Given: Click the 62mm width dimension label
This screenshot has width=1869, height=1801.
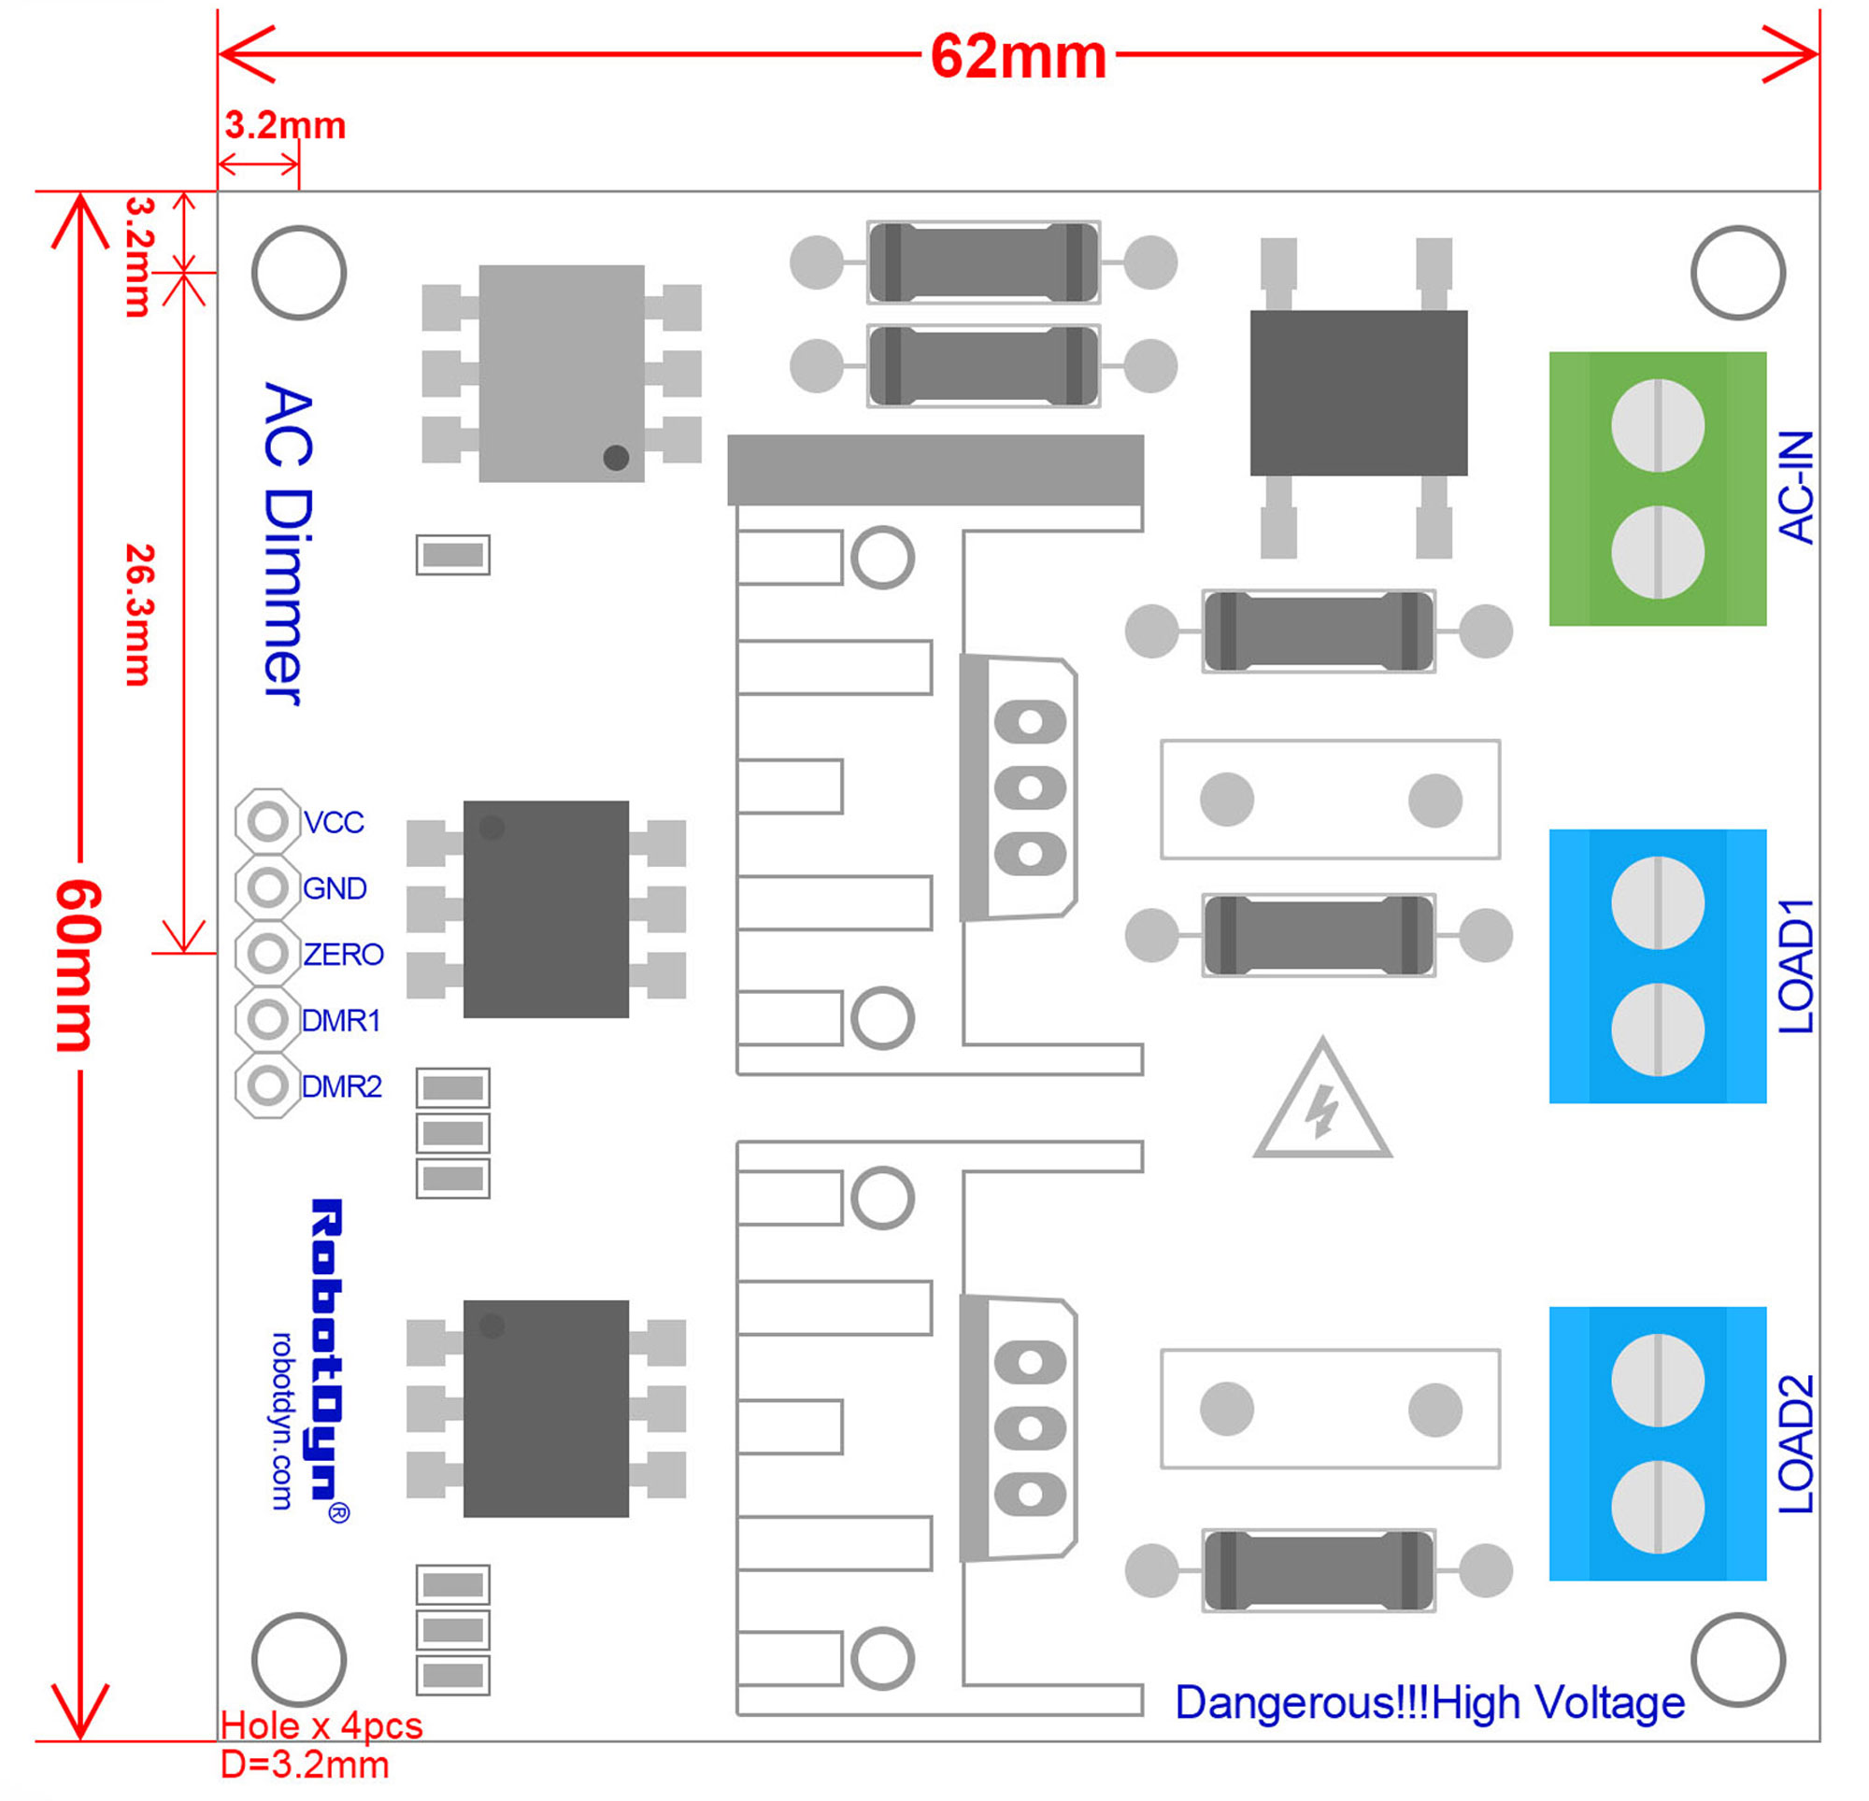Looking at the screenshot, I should [1018, 57].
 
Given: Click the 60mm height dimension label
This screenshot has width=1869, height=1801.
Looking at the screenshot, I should [78, 965].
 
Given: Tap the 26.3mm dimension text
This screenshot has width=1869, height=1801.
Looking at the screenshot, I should [140, 615].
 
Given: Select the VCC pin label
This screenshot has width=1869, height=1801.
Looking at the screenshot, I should [333, 823].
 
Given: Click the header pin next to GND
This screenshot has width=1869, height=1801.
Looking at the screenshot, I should [268, 887].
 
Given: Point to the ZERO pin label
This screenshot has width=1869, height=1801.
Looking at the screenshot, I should [343, 955].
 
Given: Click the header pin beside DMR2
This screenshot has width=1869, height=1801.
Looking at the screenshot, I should [268, 1085].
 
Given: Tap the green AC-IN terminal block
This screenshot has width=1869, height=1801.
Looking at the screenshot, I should [1656, 489].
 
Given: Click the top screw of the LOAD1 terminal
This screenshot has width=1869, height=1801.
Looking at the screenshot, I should [1657, 903].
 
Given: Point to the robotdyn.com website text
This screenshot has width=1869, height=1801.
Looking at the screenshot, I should [282, 1420].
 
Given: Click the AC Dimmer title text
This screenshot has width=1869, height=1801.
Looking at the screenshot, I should [286, 544].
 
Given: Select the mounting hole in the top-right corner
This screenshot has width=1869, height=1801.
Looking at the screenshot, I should [1736, 273].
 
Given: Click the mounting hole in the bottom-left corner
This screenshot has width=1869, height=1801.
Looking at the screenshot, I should [298, 1659].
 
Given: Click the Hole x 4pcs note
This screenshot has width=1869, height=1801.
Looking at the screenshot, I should [321, 1724].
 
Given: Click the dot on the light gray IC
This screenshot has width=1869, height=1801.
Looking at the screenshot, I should [616, 458].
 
